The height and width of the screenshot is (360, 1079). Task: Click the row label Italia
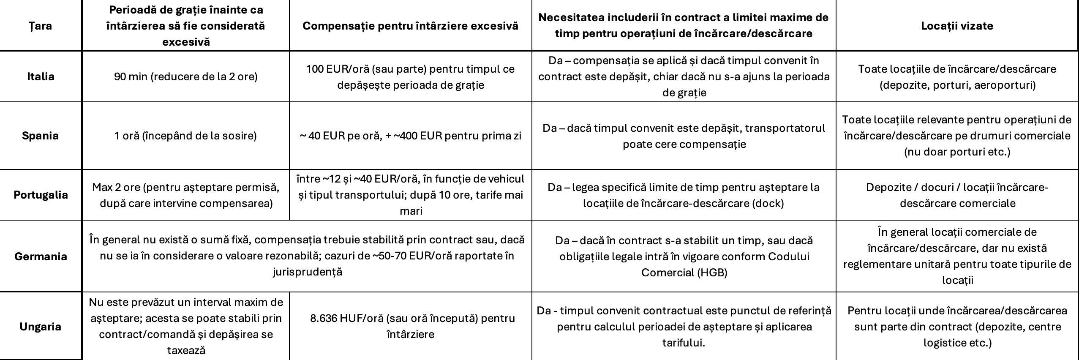click(41, 76)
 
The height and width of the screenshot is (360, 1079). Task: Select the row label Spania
click(41, 136)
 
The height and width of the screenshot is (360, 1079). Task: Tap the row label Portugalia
click(41, 195)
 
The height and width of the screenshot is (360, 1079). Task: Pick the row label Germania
click(41, 256)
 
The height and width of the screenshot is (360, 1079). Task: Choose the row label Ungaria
click(41, 326)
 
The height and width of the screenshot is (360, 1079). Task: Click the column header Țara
click(41, 26)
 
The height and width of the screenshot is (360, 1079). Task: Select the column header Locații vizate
click(957, 26)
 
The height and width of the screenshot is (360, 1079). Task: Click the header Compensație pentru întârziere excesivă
click(410, 26)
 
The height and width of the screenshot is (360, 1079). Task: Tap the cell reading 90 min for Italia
click(185, 77)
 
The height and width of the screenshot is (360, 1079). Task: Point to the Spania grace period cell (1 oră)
click(185, 136)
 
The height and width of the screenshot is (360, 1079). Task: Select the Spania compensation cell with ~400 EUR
click(410, 136)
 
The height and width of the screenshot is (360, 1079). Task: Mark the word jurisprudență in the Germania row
click(307, 272)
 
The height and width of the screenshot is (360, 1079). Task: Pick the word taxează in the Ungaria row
click(186, 350)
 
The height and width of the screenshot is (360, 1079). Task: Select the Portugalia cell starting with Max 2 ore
click(185, 195)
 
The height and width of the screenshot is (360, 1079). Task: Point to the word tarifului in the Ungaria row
click(684, 343)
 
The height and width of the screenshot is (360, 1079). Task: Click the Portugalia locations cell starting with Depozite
click(957, 195)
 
